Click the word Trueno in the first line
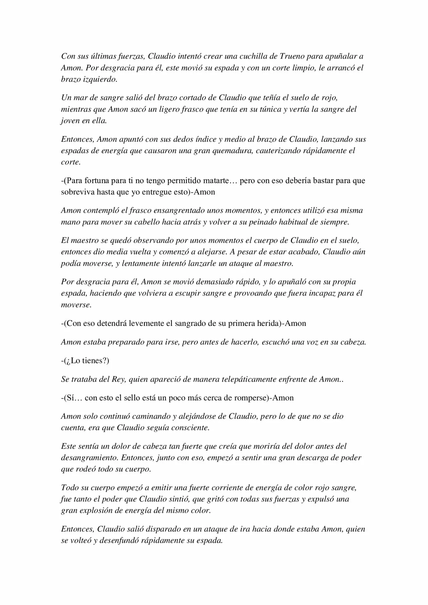291,56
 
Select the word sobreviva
78,192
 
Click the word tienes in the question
94,361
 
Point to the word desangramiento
89,458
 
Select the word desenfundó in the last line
120,541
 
